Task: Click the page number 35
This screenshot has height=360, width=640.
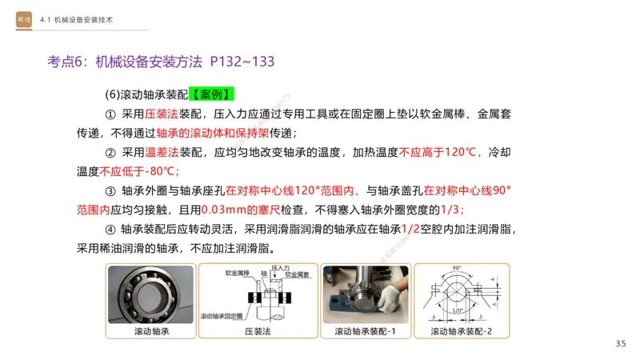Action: click(621, 344)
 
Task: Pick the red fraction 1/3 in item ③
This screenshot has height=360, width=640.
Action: click(451, 210)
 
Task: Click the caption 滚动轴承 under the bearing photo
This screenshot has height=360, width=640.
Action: click(151, 331)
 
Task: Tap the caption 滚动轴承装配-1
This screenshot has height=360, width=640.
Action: click(361, 331)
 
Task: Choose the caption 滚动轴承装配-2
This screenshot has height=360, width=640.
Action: click(465, 331)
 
